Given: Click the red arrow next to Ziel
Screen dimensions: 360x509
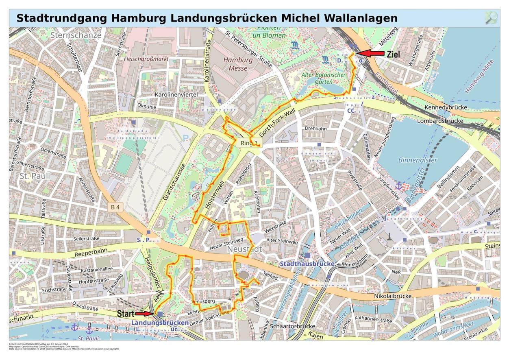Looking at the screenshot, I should pos(371,53).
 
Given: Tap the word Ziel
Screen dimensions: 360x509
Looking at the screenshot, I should pos(393,54).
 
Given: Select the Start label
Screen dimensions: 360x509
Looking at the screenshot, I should pos(126,314).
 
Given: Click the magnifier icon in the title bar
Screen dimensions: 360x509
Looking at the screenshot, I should pos(491,18).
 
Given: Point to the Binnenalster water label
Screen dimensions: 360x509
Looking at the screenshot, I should pos(418,160).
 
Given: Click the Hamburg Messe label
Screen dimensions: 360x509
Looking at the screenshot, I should pos(238,64).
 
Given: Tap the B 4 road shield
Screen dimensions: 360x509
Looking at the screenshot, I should pos(115,207).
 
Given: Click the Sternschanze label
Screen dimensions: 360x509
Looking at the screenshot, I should pos(76,35).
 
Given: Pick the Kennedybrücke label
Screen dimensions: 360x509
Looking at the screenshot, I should pos(446,107).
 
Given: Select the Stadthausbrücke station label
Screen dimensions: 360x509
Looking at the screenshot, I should pos(307,264).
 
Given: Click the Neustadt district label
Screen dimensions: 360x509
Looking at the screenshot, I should pos(244,249).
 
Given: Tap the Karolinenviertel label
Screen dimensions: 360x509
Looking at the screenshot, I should pos(176,94).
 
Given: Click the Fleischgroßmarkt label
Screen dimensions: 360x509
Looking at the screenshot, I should pos(146,59).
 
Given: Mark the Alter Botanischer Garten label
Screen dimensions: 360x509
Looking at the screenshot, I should pos(324,78).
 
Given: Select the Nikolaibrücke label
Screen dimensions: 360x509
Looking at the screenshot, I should pos(393,296).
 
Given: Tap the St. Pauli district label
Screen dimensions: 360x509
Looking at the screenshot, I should pos(35,176).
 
